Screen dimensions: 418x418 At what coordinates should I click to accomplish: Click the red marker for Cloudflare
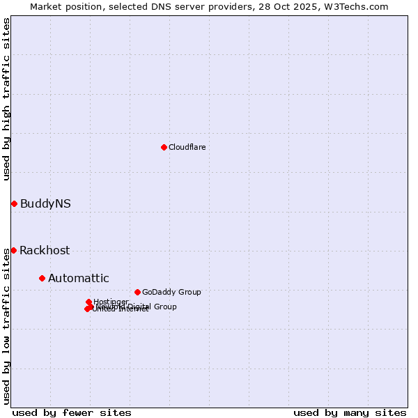(164, 147)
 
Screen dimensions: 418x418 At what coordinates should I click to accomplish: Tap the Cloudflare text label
(187, 147)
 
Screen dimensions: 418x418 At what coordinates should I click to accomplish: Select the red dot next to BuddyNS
(14, 203)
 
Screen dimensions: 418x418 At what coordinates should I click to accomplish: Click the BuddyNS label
(45, 203)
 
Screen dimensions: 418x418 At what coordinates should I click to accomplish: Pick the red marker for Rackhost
(13, 250)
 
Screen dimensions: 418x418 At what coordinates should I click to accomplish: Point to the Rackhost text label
(45, 250)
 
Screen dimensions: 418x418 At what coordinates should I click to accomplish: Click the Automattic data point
(42, 278)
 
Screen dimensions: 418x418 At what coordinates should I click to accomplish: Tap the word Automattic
(78, 278)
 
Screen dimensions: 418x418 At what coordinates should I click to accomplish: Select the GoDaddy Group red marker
(137, 292)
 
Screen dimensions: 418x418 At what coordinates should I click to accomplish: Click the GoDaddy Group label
(171, 292)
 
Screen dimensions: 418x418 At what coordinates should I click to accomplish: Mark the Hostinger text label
(111, 301)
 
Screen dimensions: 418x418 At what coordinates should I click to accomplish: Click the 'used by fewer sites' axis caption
(72, 412)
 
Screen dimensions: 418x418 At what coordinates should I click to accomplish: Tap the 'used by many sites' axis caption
(350, 412)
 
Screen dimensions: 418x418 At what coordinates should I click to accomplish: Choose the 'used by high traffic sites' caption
(6, 99)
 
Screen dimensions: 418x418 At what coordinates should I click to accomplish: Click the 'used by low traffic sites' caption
(6, 325)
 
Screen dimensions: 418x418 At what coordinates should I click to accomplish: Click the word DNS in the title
(153, 6)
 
